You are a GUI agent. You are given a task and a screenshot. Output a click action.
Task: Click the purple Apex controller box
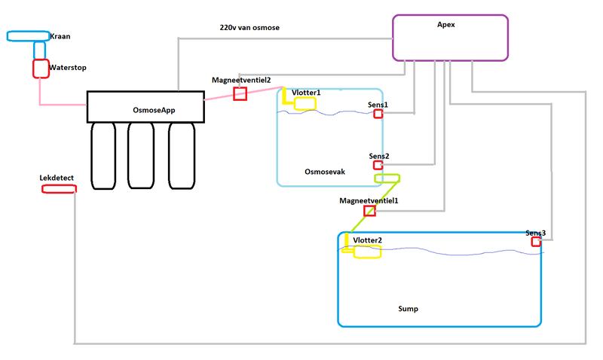pyautogui.click(x=450, y=37)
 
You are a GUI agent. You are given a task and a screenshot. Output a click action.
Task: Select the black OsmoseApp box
pyautogui.click(x=145, y=106)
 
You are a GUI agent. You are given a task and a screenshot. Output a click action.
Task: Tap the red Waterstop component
pyautogui.click(x=41, y=68)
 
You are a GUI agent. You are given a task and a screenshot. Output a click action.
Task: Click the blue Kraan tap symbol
pyautogui.click(x=28, y=36)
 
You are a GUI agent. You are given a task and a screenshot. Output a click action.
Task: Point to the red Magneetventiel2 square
pyautogui.click(x=240, y=93)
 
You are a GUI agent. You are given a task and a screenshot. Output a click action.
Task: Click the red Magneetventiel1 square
pyautogui.click(x=369, y=211)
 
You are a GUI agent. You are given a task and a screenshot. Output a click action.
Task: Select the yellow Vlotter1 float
pyautogui.click(x=305, y=103)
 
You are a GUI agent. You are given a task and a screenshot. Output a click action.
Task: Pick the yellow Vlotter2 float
pyautogui.click(x=368, y=252)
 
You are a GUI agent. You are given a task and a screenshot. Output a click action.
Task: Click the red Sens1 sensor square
pyautogui.click(x=378, y=114)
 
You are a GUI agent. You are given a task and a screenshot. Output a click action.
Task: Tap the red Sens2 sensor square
pyautogui.click(x=378, y=165)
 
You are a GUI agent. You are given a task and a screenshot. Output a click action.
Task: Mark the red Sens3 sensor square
pyautogui.click(x=536, y=242)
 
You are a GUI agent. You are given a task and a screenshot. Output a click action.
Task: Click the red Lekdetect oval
pyautogui.click(x=59, y=188)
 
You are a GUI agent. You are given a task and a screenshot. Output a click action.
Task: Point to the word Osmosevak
pyautogui.click(x=325, y=172)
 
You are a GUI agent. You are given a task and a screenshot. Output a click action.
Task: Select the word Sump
pyautogui.click(x=408, y=309)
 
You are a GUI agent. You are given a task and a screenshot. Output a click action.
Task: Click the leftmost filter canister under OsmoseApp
pyautogui.click(x=103, y=155)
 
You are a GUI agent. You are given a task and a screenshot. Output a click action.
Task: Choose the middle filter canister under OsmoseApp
pyautogui.click(x=141, y=155)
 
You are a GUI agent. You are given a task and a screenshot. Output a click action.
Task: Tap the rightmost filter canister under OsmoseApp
pyautogui.click(x=181, y=155)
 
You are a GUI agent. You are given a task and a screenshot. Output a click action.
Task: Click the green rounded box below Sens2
pyautogui.click(x=387, y=178)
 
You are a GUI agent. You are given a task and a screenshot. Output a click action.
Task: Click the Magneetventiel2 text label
pyautogui.click(x=241, y=79)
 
